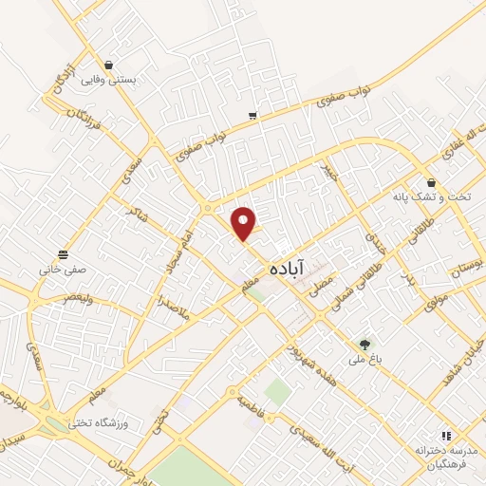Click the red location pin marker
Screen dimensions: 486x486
coord(245,223)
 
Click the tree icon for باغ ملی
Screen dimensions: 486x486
coord(364,344)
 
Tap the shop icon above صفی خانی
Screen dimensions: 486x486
coord(63,253)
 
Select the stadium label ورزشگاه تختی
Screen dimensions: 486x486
coord(105,420)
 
